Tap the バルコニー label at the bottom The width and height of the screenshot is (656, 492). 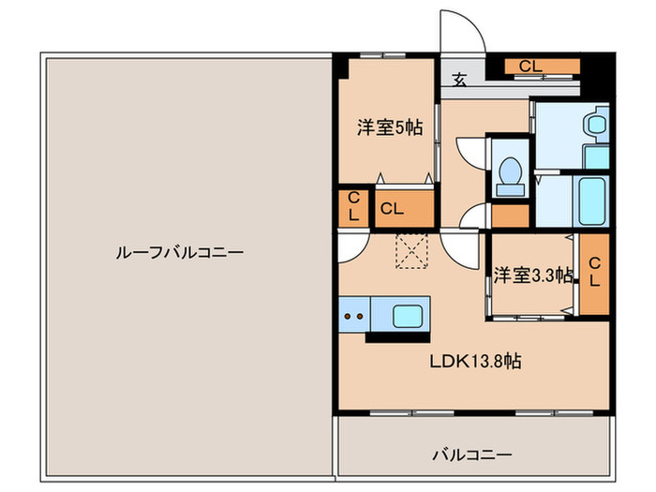471,455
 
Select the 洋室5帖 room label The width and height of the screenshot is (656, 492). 387,128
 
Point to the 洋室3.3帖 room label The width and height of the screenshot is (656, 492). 533,276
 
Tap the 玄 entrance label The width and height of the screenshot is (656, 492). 460,81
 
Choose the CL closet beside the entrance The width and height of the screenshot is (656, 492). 530,67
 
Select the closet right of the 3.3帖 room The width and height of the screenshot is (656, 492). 593,272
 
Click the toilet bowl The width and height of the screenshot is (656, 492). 511,173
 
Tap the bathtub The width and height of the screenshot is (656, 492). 591,200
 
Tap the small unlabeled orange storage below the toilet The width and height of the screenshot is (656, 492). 510,216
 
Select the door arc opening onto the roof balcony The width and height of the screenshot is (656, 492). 350,247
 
